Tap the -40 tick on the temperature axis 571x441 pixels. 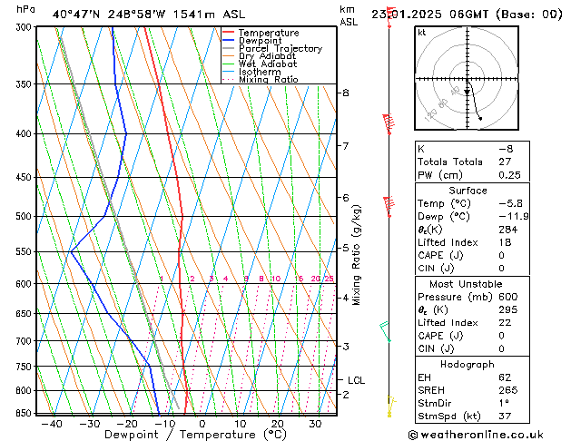[51, 424]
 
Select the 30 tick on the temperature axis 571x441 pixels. [315, 424]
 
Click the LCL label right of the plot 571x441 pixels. [356, 380]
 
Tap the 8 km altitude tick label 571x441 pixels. [346, 93]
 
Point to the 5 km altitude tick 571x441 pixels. [346, 247]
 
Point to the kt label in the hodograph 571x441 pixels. [422, 32]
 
